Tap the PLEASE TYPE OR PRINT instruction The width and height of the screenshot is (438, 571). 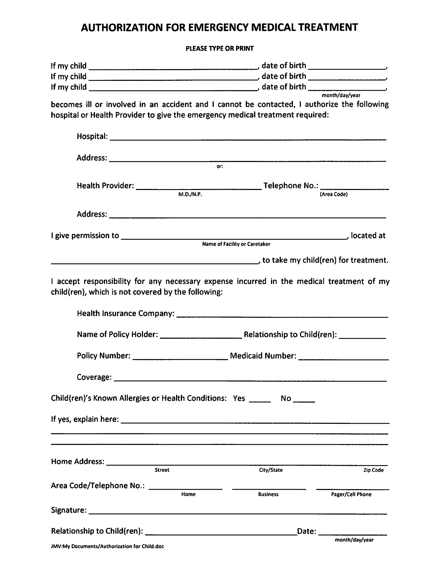pos(219,48)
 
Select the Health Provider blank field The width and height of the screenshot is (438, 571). pos(199,187)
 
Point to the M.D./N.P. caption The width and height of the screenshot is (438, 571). pos(190,194)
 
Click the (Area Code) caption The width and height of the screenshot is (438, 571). pos(334,194)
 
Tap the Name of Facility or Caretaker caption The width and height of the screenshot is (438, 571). pos(236,244)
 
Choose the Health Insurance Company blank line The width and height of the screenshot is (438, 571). pos(282,315)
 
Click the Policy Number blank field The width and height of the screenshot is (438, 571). pos(180,357)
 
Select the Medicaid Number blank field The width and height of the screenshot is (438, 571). pos(343,357)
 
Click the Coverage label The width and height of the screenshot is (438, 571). pos(94,377)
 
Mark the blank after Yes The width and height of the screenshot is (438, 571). pos(260,400)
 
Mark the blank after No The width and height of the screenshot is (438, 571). pos(304,400)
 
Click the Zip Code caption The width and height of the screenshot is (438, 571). pos(373,470)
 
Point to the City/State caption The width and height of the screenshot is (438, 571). pos(271,470)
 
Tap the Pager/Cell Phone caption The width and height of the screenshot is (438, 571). pos(351,494)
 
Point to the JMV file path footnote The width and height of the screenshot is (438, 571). pos(107,546)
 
